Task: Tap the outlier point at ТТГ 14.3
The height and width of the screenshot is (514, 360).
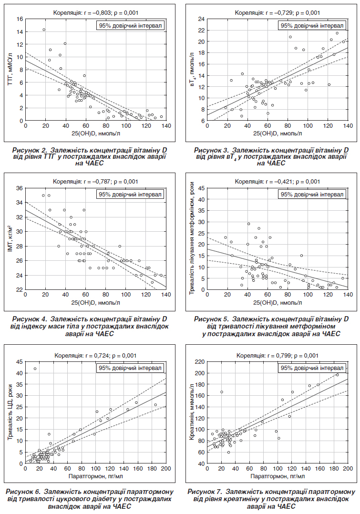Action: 43,30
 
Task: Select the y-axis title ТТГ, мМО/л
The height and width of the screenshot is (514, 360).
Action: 10,70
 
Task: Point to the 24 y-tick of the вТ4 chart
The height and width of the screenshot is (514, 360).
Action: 201,19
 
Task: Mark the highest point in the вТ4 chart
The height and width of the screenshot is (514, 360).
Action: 337,33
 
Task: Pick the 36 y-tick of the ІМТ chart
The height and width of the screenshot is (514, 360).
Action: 20,188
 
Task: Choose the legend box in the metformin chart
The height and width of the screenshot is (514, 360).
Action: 312,195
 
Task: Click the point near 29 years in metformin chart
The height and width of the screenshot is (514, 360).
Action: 248,224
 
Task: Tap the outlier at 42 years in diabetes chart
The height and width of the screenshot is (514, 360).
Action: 35,369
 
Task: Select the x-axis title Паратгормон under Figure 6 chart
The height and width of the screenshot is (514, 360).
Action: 96,476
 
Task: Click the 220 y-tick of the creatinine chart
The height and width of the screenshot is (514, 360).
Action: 199,362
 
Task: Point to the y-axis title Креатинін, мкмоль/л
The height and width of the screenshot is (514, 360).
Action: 192,412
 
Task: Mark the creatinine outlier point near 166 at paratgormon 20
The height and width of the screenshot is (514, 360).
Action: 222,392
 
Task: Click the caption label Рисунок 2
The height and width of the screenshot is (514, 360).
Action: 30,150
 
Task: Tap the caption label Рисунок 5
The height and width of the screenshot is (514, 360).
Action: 212,319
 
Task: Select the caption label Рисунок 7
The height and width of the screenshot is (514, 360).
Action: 205,492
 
